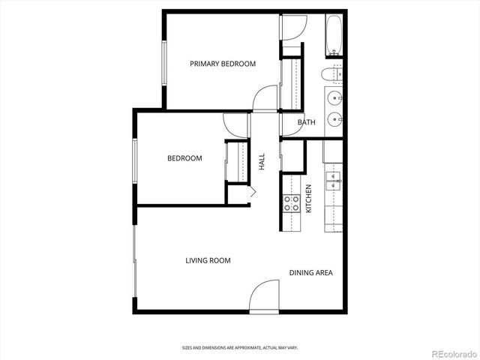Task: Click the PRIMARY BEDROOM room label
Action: click(223, 64)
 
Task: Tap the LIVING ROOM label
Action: click(208, 260)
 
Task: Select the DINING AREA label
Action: click(310, 272)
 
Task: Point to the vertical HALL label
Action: click(262, 162)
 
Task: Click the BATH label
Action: click(306, 122)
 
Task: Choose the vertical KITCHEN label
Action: click(308, 198)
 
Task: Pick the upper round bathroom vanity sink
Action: click(333, 96)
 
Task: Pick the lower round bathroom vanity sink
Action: click(333, 118)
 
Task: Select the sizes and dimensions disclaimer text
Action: click(239, 348)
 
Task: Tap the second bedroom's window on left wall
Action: click(135, 159)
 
